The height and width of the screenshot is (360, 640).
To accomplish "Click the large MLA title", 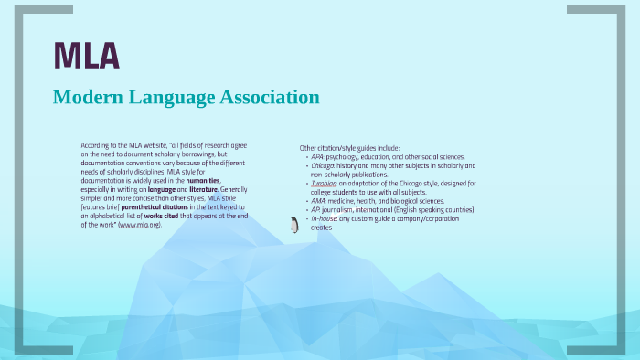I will pyautogui.click(x=87, y=57).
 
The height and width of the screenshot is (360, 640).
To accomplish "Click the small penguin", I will pyautogui.click(x=294, y=225).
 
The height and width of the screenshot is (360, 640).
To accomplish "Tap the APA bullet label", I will pyautogui.click(x=317, y=156).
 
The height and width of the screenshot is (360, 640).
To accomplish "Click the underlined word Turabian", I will pyautogui.click(x=324, y=183).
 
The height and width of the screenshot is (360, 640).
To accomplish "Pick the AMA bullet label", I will pyautogui.click(x=318, y=201).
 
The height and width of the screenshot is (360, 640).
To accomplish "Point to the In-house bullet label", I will pyautogui.click(x=325, y=218).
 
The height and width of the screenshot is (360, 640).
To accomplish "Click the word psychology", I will pyautogui.click(x=347, y=156).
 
